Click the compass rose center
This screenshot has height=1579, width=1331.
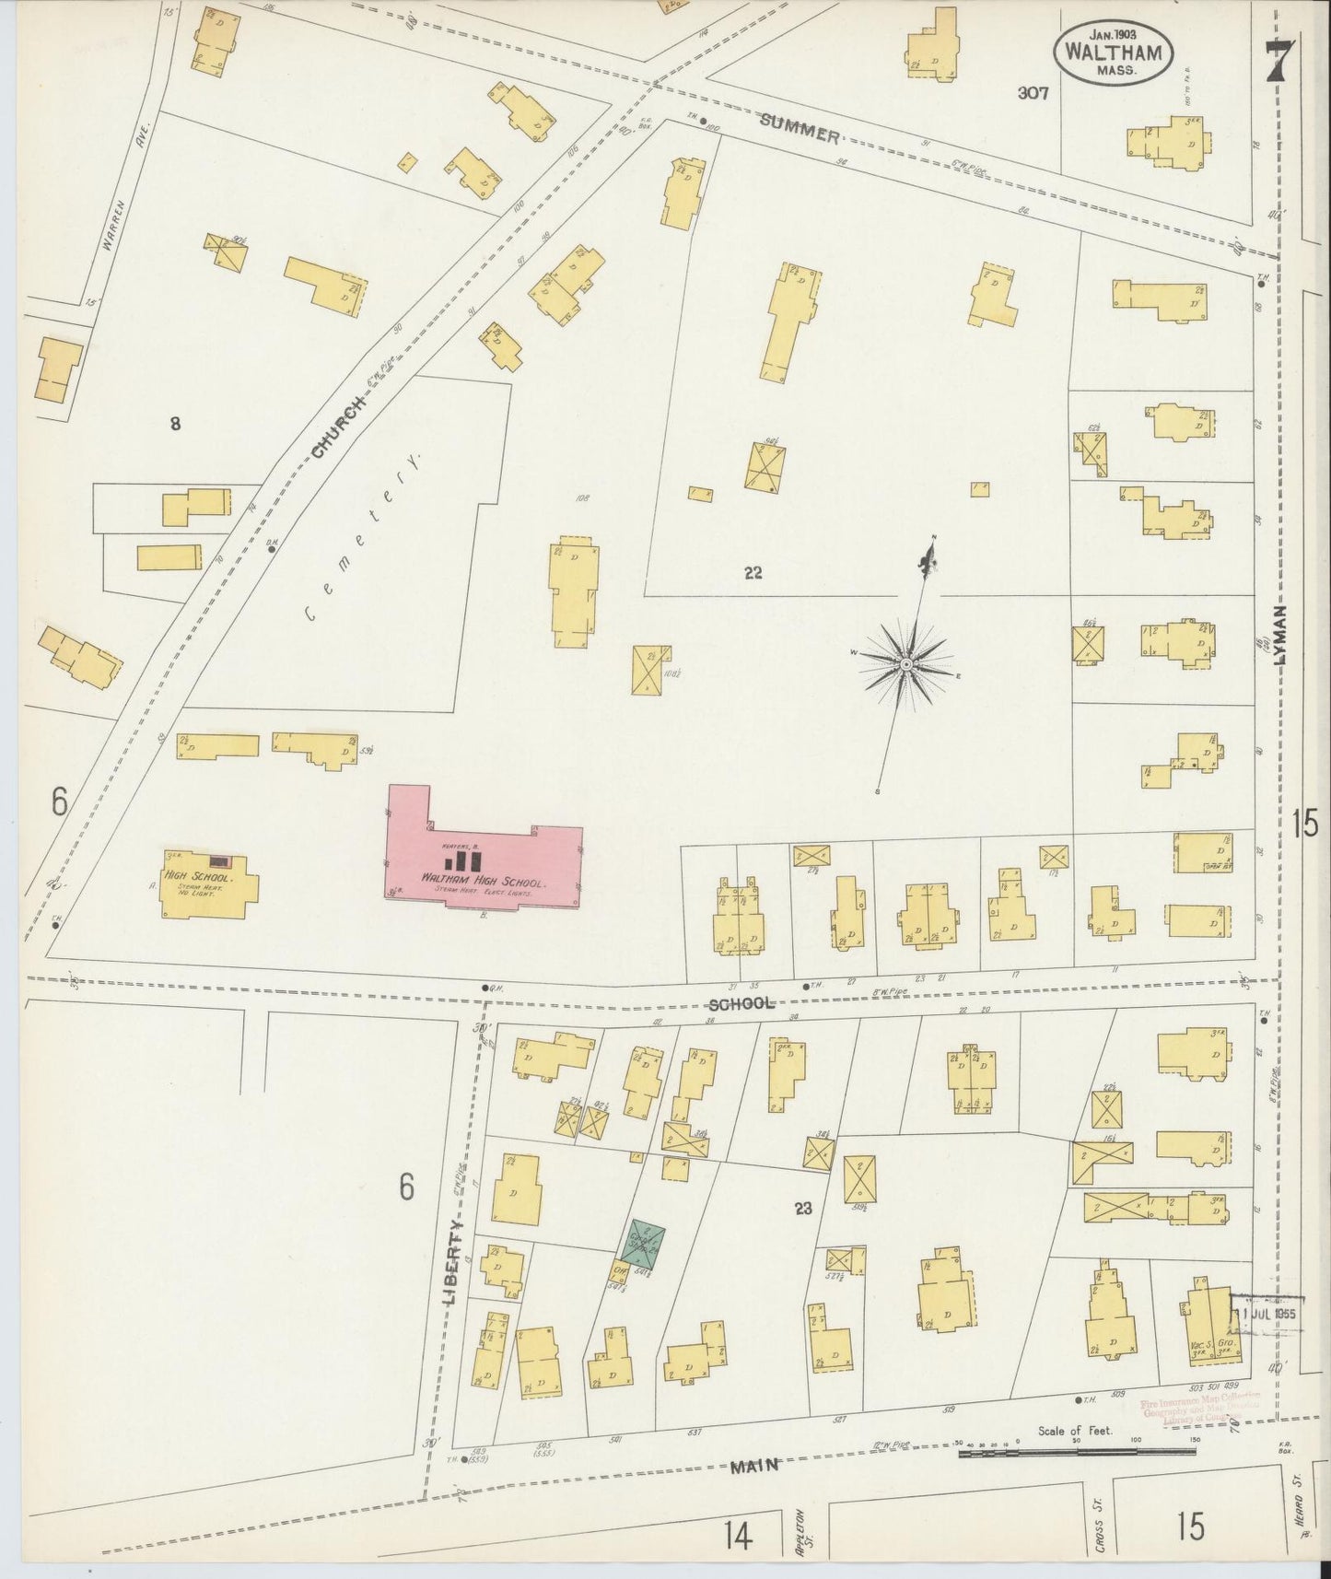[x=907, y=664]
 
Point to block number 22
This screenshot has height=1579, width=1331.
[x=753, y=573]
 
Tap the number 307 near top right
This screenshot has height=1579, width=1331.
[x=1033, y=93]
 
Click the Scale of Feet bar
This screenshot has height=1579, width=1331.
[x=1077, y=1454]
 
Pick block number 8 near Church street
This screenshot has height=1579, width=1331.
[x=174, y=424]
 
